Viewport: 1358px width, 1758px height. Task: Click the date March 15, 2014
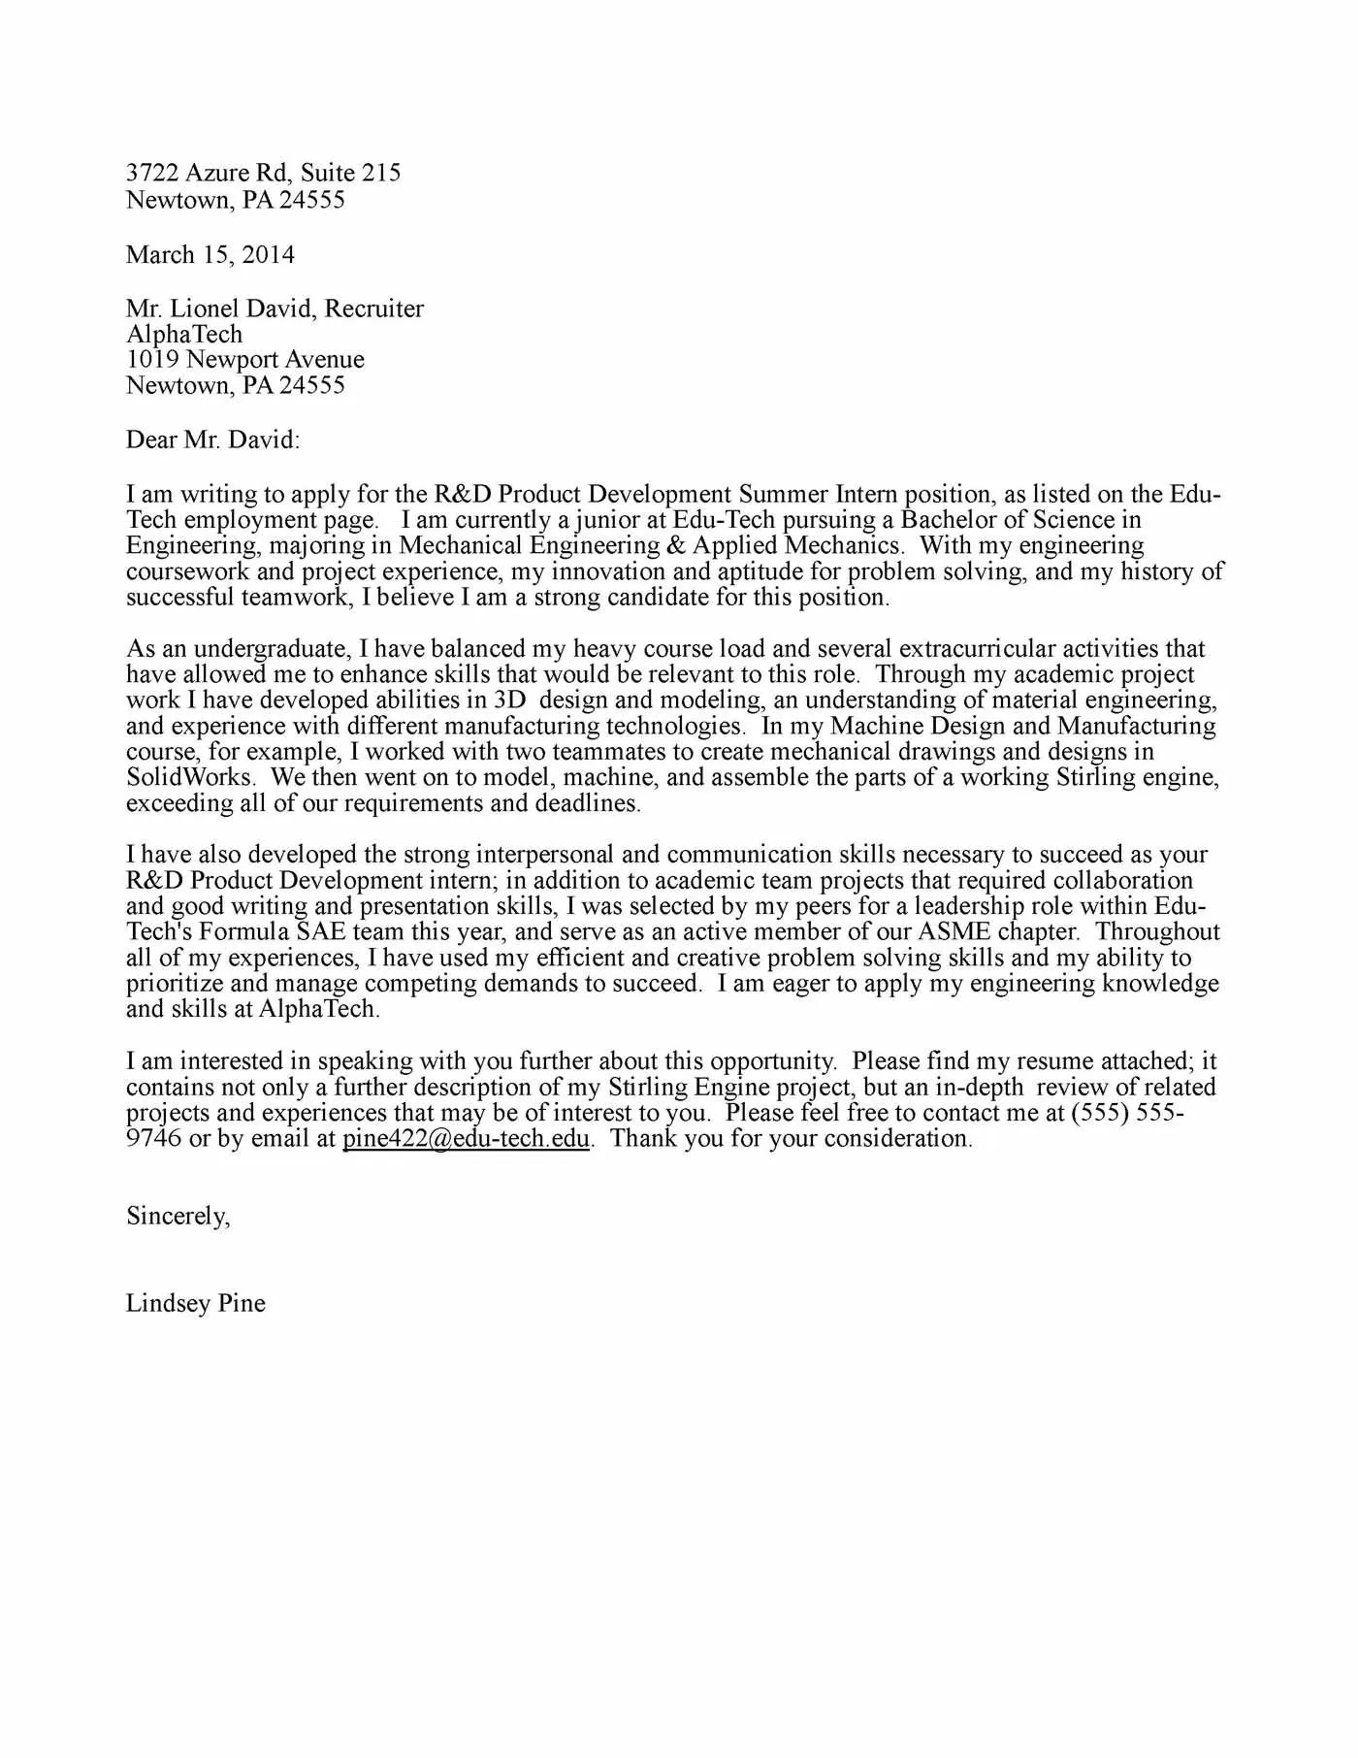click(210, 255)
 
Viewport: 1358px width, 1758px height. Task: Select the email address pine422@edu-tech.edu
click(466, 1139)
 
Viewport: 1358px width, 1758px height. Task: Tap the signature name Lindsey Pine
click(195, 1303)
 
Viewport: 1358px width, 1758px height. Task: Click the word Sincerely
click(178, 1216)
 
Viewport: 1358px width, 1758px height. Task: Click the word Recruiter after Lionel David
click(373, 309)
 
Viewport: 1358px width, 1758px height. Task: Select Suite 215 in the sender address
click(350, 173)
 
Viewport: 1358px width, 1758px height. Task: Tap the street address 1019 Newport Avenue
click(245, 360)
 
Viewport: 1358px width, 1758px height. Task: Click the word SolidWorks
click(191, 777)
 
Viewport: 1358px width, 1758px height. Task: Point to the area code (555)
click(1100, 1113)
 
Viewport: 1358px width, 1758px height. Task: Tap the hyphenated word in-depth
click(979, 1088)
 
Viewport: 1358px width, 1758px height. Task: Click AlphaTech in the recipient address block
click(184, 335)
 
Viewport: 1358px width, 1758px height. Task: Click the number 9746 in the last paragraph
click(153, 1139)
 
